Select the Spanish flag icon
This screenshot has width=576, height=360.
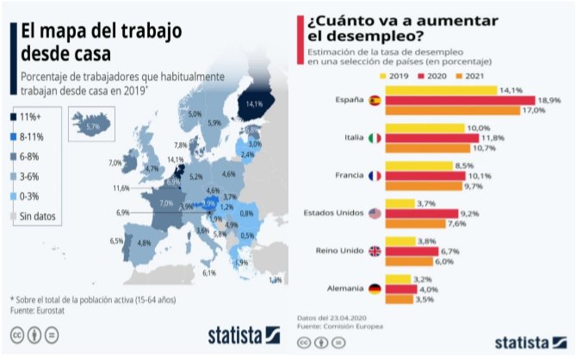click(375, 101)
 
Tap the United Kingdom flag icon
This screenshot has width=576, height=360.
click(375, 251)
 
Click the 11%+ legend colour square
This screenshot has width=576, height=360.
click(14, 117)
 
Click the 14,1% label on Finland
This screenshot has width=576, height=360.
click(253, 103)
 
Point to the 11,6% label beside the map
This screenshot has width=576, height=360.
click(121, 188)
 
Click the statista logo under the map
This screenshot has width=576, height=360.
click(243, 334)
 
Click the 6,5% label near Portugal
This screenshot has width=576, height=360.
click(116, 241)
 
